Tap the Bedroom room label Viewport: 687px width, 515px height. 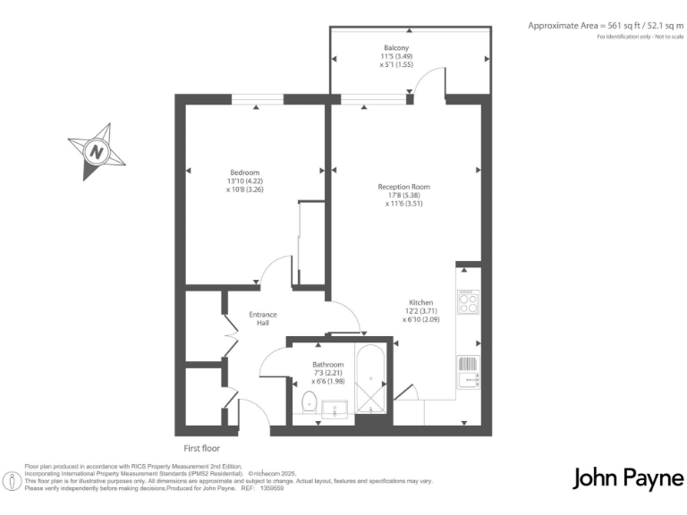click(244, 173)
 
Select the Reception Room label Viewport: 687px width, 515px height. click(403, 187)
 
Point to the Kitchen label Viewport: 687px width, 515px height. click(421, 303)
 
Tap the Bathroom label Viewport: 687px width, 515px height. click(327, 365)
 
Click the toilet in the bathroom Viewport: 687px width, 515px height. click(308, 402)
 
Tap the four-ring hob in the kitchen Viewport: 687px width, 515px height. click(468, 303)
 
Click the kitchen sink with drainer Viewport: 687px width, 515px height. click(469, 370)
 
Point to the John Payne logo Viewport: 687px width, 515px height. click(628, 478)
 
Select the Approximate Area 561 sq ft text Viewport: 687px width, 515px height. click(606, 26)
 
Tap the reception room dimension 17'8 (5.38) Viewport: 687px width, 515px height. click(403, 196)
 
